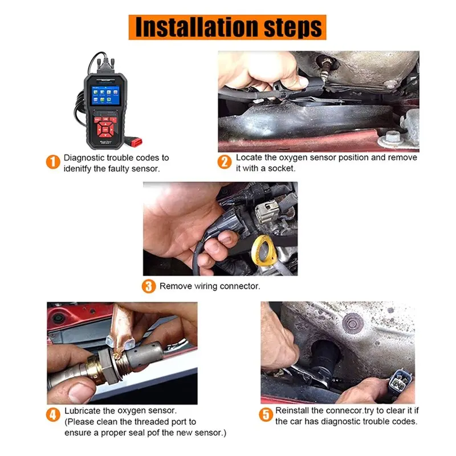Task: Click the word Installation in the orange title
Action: [197, 27]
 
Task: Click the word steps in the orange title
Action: [292, 28]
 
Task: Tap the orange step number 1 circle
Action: [53, 162]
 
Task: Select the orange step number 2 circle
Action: [225, 162]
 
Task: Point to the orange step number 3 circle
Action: [149, 286]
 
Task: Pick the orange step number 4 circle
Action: [53, 414]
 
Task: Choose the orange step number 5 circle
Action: [266, 414]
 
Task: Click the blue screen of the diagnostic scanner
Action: [105, 95]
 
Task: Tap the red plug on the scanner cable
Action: [136, 142]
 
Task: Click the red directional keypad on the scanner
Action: [105, 129]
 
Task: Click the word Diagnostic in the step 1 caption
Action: [84, 158]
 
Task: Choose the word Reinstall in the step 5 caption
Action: [292, 410]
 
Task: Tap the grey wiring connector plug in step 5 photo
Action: [400, 381]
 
